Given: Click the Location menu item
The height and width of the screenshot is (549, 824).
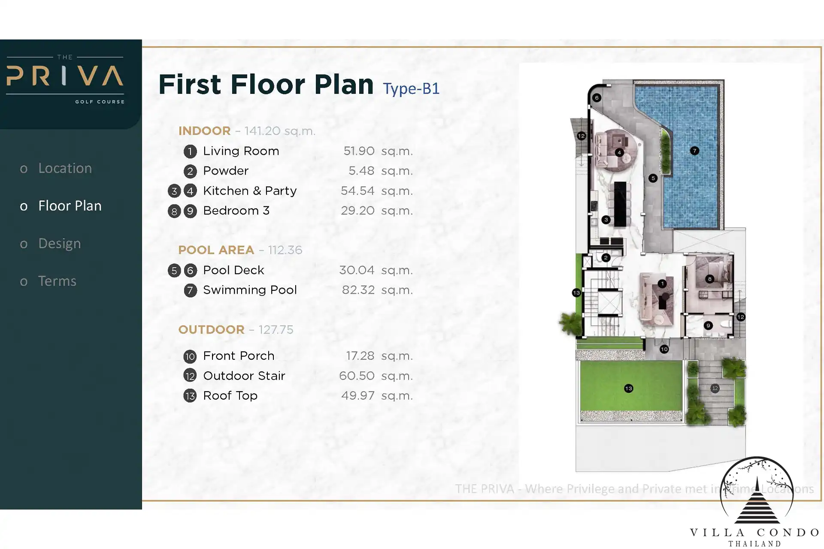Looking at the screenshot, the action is [x=65, y=168].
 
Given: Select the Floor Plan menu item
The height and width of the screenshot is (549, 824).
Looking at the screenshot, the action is [x=70, y=206].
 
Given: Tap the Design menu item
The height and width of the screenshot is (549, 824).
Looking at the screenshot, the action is [x=60, y=244].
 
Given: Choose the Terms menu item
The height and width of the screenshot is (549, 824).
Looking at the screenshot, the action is [x=57, y=281].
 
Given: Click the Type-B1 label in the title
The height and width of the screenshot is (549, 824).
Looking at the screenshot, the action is [x=411, y=89].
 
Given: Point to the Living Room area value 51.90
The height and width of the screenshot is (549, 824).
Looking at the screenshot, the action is [x=359, y=151].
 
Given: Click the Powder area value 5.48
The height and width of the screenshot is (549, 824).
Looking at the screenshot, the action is [x=361, y=171].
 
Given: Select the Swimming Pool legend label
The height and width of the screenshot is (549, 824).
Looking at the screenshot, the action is [x=250, y=290].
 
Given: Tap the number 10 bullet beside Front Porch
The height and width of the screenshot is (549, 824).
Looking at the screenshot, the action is [x=190, y=356].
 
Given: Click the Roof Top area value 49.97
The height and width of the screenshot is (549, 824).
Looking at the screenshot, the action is [x=358, y=395].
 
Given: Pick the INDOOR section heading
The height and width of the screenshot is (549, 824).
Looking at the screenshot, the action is [x=204, y=131].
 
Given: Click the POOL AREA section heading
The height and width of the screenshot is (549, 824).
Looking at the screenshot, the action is [x=216, y=250].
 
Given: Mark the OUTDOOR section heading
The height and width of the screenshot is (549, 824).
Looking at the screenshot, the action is [x=211, y=329].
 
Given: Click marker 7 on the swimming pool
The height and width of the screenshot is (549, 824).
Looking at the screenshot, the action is [x=694, y=151].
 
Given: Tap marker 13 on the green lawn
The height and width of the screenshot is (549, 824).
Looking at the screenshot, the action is [x=628, y=388].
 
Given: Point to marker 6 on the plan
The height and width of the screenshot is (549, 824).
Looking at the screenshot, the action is [x=597, y=98].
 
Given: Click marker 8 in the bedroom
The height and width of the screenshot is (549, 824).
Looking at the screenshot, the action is [x=710, y=279].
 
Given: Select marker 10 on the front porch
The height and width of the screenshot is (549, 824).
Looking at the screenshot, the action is [x=664, y=349].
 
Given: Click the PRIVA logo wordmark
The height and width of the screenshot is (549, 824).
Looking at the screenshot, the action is [x=65, y=76].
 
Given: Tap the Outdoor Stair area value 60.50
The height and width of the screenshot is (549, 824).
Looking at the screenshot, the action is [x=357, y=376].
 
